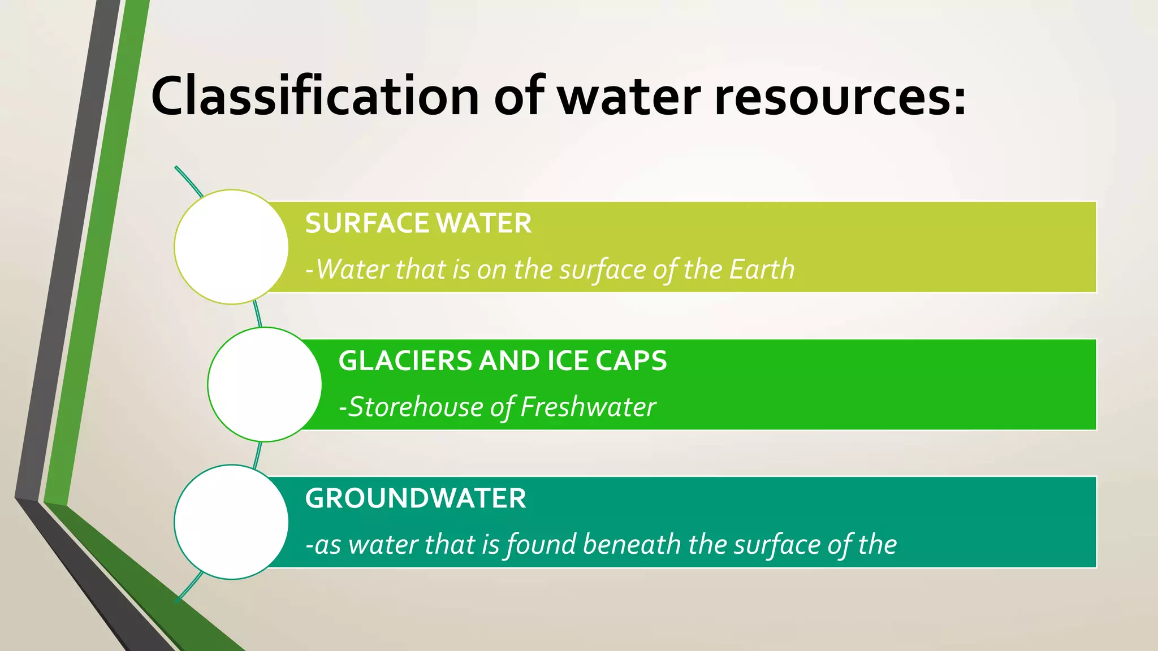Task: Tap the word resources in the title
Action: [832, 97]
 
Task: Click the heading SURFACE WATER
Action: [418, 223]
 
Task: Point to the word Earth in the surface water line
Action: [762, 269]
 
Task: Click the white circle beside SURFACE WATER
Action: [231, 247]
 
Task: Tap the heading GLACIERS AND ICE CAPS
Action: [502, 361]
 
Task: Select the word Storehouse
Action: [415, 407]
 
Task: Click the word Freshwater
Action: [588, 407]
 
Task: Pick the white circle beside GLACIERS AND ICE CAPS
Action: [264, 384]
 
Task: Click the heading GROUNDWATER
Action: [415, 498]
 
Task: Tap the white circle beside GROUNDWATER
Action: [231, 522]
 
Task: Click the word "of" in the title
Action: [518, 97]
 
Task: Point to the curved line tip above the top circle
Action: [177, 168]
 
